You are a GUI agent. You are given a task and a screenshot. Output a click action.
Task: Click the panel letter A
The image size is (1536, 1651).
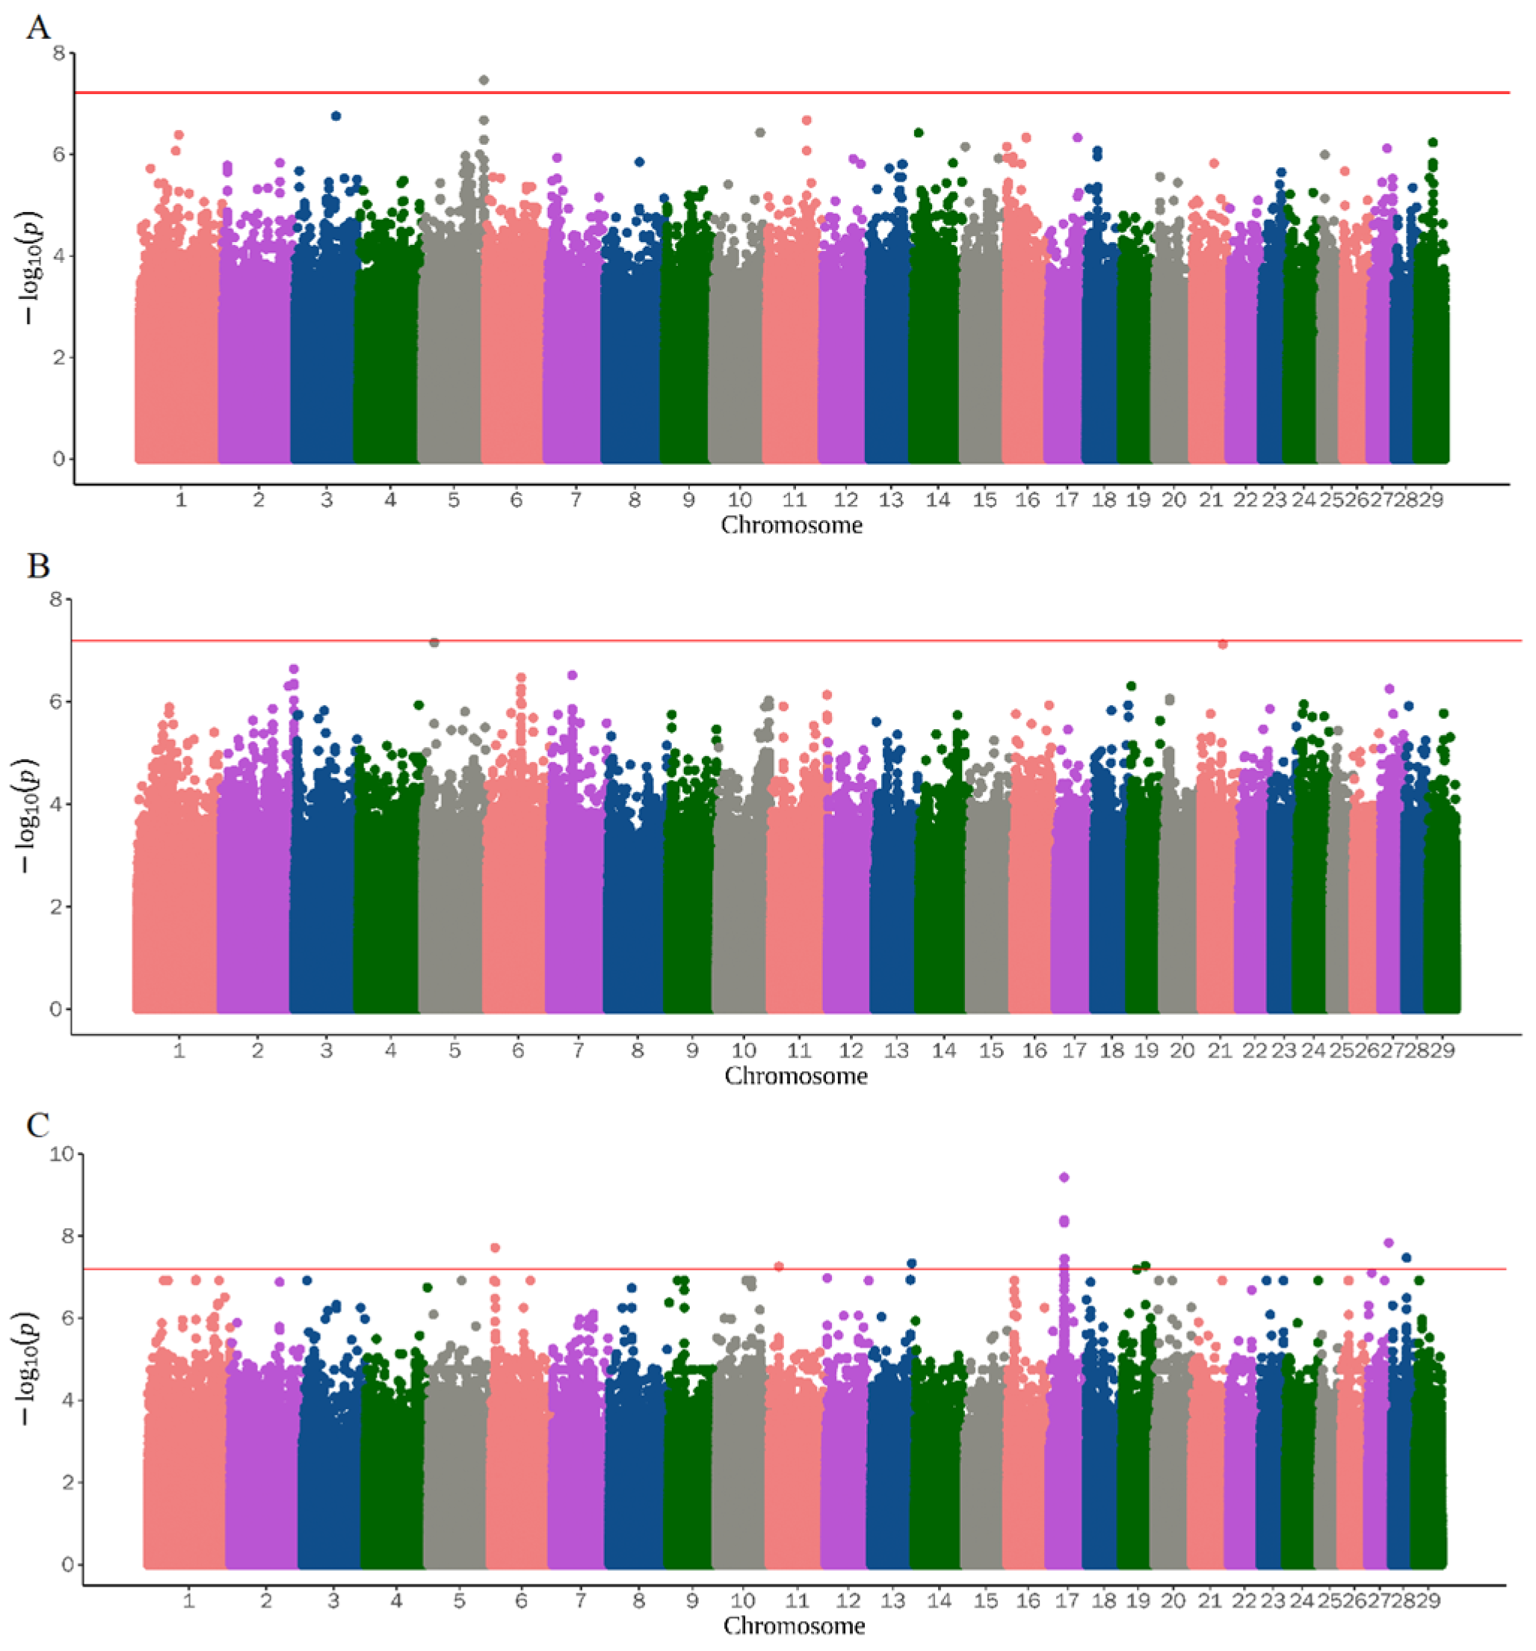click(38, 29)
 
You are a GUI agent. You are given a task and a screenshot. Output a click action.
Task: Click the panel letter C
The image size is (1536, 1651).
click(38, 1125)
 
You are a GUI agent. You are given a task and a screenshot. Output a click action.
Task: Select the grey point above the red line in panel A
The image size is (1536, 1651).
click(484, 80)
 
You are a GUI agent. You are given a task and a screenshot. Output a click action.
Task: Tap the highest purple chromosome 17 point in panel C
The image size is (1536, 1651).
click(1064, 1177)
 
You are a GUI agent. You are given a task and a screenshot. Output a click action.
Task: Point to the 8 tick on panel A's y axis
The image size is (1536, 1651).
click(59, 54)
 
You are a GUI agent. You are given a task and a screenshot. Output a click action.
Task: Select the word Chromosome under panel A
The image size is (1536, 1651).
click(791, 525)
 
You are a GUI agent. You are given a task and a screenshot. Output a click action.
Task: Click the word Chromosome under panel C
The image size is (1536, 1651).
click(795, 1626)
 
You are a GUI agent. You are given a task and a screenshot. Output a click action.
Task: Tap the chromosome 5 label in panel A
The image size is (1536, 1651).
click(454, 500)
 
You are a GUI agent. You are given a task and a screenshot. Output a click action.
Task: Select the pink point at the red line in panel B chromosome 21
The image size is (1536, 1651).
click(1222, 644)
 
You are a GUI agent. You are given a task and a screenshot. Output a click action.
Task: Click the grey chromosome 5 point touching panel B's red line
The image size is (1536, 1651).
click(434, 642)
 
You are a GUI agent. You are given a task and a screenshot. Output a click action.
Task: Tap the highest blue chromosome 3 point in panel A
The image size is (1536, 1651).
click(336, 117)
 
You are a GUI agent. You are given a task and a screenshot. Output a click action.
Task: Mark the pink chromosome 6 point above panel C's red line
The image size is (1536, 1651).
click(494, 1248)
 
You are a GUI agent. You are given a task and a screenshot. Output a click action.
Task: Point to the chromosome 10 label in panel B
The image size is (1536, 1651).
click(744, 1050)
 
